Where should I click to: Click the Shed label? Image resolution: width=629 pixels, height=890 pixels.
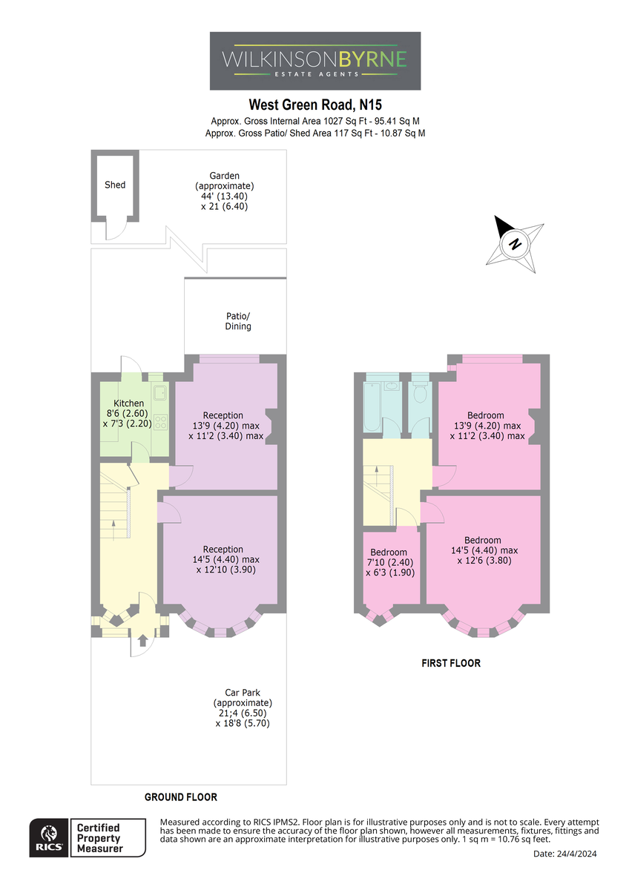[115, 185]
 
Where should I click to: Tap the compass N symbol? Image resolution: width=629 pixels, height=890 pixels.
[515, 243]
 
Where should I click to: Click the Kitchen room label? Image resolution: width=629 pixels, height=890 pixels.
[129, 403]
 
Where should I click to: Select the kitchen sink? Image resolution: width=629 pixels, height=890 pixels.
[160, 392]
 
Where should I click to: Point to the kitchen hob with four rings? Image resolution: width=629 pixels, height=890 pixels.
[160, 421]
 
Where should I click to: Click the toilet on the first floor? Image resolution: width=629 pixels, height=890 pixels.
[420, 392]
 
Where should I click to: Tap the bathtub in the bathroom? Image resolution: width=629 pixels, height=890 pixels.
[372, 406]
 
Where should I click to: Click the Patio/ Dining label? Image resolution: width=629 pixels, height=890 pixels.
[238, 321]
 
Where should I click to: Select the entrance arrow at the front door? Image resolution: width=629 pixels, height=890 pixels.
[142, 641]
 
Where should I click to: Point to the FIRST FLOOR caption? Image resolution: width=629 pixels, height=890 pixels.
[451, 663]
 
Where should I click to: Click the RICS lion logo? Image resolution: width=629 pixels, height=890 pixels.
[49, 837]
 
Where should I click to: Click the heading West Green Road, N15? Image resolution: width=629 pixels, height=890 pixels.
[315, 105]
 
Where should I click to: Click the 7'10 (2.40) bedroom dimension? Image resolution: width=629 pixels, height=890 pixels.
[389, 562]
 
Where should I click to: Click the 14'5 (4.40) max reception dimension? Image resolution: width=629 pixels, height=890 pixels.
[226, 559]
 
